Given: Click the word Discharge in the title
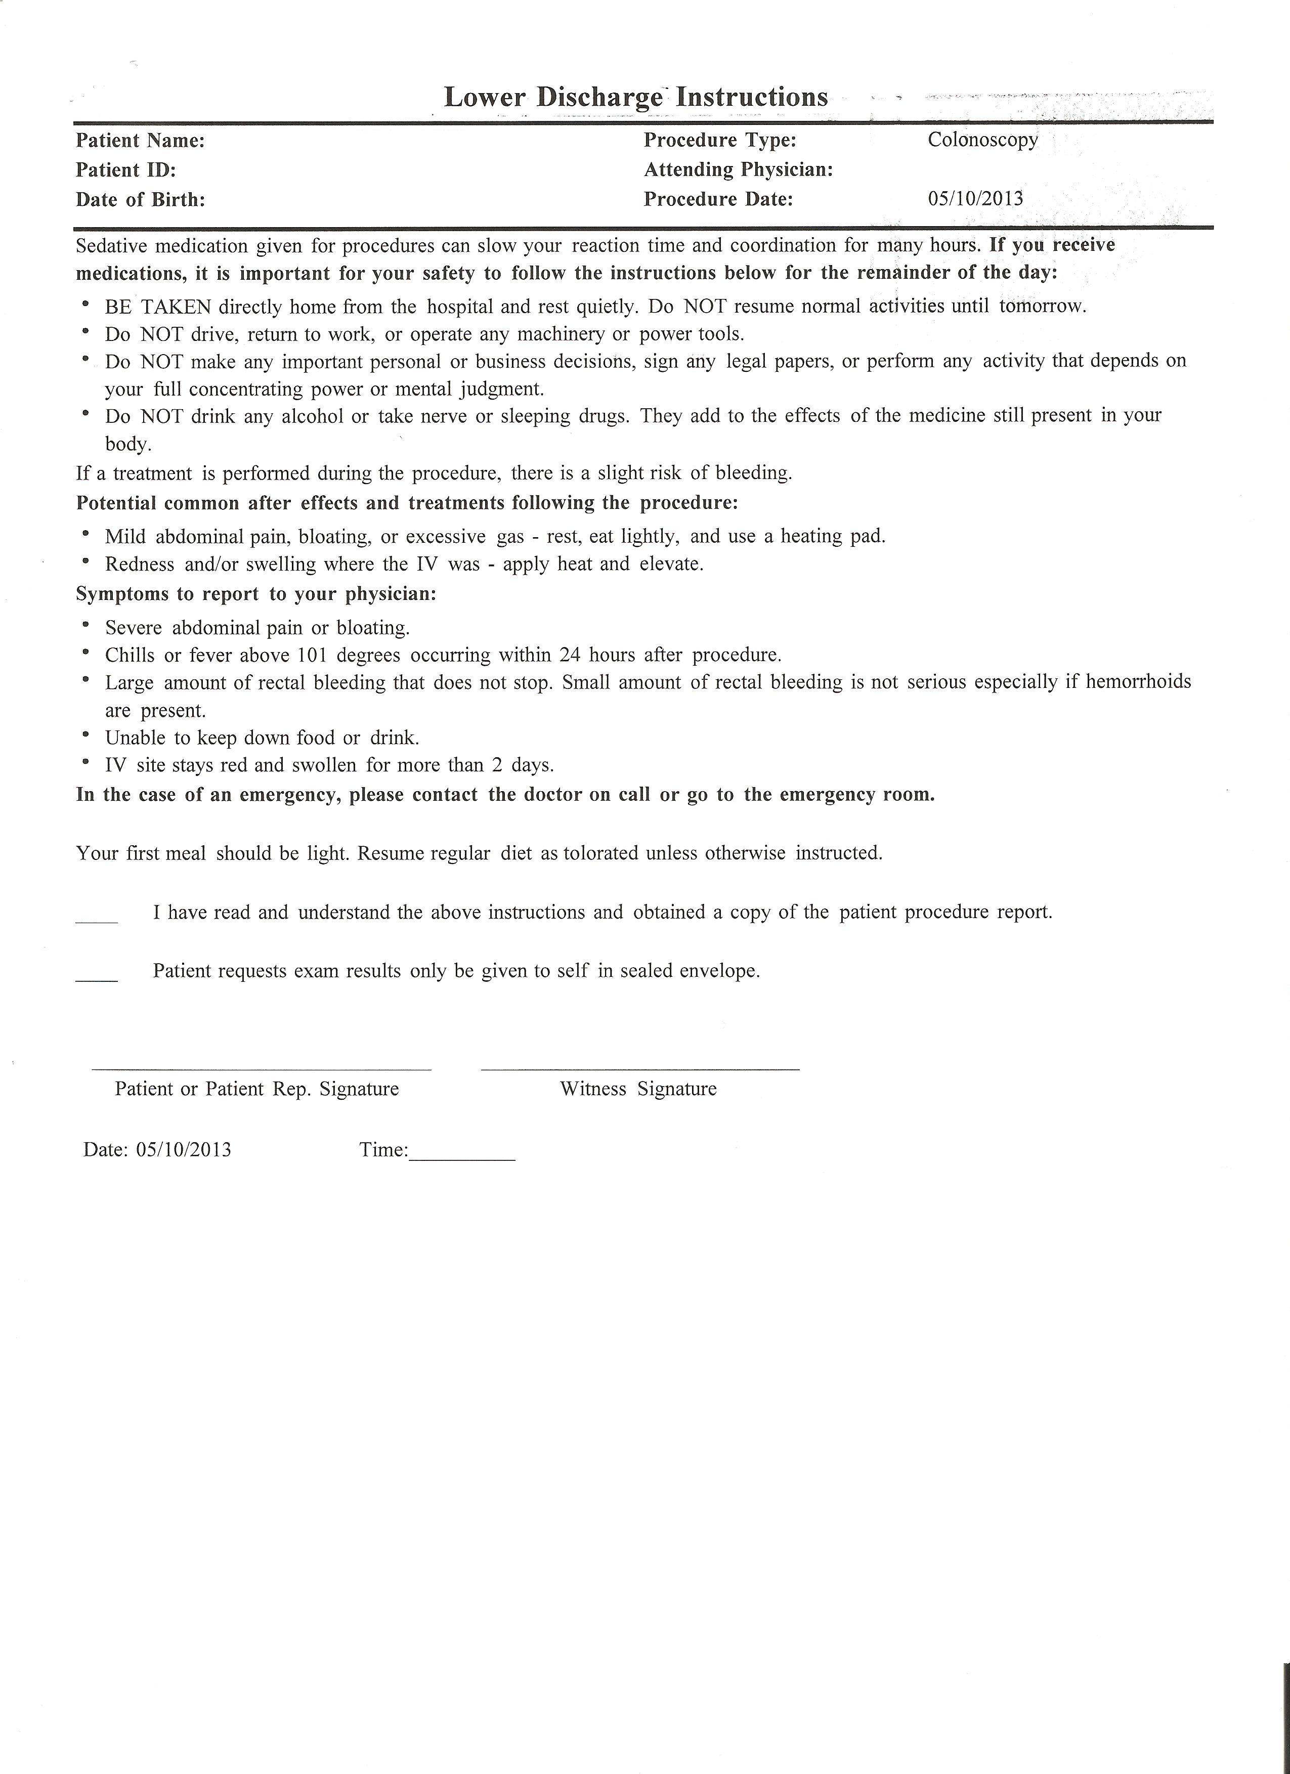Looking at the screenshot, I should click(599, 98).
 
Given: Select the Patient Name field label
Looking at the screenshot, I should click(140, 141).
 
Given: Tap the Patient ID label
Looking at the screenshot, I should click(125, 170).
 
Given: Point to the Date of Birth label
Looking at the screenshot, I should click(140, 200).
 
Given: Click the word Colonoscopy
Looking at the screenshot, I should click(982, 140).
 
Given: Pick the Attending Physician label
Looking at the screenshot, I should click(738, 170).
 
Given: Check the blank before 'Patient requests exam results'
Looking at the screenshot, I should click(96, 978).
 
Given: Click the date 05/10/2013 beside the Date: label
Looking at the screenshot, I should click(183, 1150).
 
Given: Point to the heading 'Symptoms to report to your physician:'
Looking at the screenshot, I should click(256, 594).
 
